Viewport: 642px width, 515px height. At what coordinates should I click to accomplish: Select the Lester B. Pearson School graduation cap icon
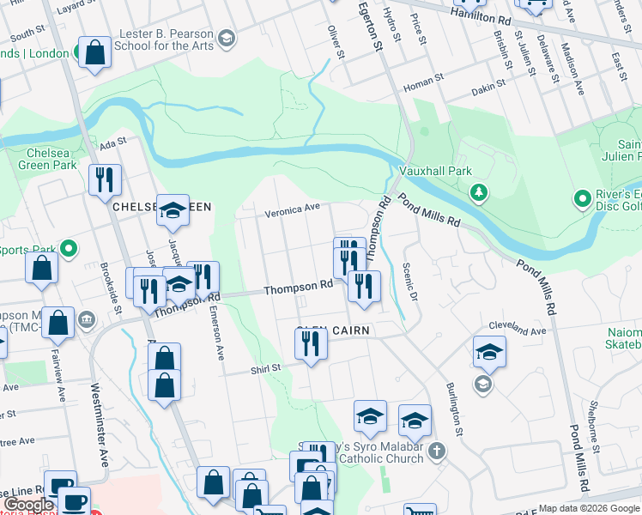coord(226,38)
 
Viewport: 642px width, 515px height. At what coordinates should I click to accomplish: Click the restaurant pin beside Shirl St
coord(310,344)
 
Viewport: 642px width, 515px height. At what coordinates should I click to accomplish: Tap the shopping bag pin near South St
coord(94,52)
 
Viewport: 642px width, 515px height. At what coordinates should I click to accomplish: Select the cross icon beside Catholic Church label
coord(436,451)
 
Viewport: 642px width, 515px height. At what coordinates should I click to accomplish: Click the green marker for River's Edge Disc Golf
coord(582,199)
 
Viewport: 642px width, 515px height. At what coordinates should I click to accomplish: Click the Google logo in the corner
coord(27,505)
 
